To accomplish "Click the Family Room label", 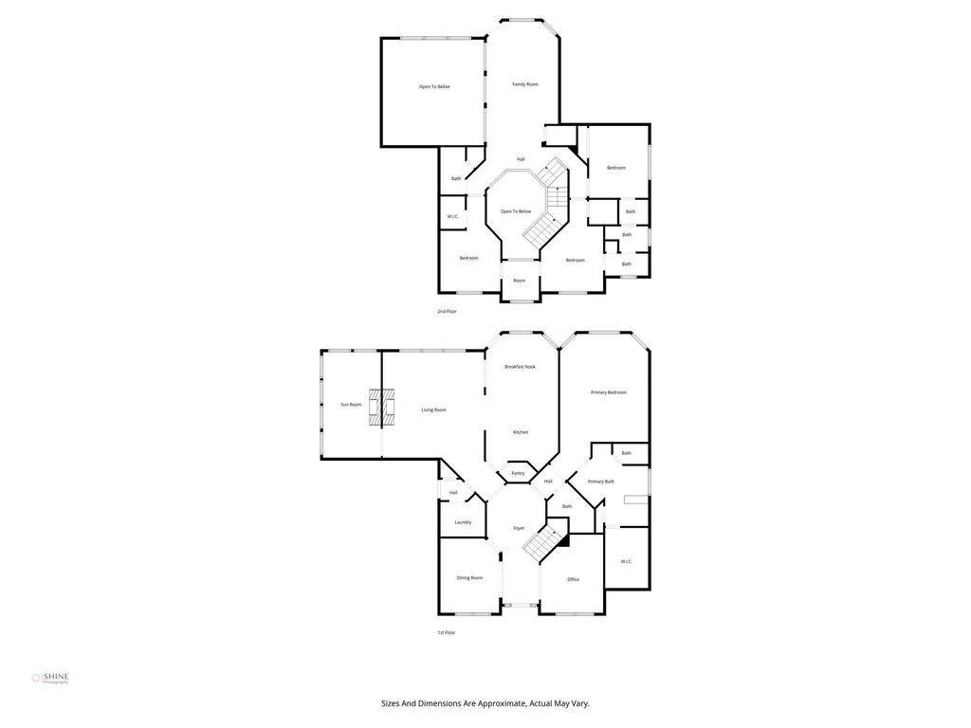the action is point(525,84).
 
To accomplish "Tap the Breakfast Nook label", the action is point(521,367).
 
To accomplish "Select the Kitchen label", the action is point(521,432).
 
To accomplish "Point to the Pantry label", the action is point(519,474).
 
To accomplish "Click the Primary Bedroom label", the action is point(609,392).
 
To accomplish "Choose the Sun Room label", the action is point(351,405).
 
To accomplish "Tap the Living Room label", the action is point(434,409).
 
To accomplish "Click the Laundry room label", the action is point(463,522).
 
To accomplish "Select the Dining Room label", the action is point(469,578).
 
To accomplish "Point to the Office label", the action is point(574,579).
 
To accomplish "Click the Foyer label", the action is point(519,528).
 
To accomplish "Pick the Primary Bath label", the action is point(601,482).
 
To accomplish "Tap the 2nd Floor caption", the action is point(448,311).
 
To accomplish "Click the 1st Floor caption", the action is point(447,632).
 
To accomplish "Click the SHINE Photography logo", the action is point(50,678).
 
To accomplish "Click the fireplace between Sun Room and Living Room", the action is point(381,408).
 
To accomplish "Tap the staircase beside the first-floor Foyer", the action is point(545,541).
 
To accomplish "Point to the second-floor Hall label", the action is point(522,159).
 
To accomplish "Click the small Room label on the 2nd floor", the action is point(520,281).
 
